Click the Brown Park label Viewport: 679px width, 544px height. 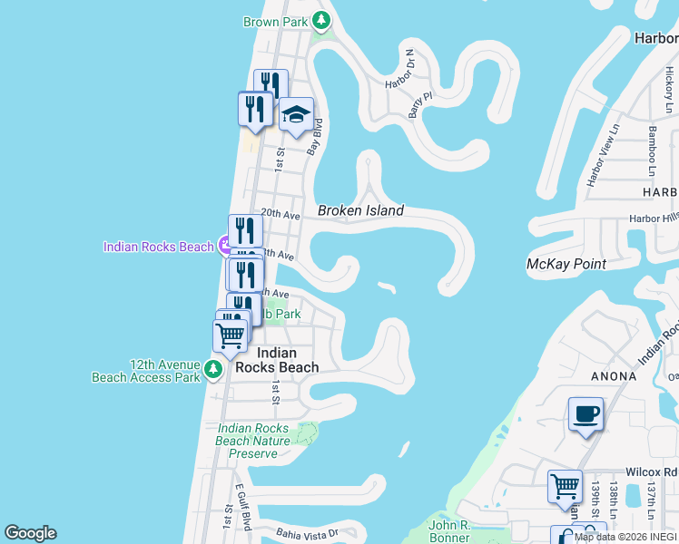point(275,20)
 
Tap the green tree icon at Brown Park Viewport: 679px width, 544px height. point(320,19)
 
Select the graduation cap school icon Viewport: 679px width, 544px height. point(296,114)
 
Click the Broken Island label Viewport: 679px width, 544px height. point(360,210)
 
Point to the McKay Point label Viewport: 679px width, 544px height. point(566,264)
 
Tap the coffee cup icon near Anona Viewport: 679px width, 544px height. point(586,414)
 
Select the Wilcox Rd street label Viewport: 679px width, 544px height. point(651,472)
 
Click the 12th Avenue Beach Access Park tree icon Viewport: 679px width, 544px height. point(212,369)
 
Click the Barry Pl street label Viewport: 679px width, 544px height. point(416,104)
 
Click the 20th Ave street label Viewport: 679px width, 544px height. point(280,215)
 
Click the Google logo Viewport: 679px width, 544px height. point(30,533)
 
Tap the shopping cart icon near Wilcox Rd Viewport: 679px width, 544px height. point(565,486)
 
